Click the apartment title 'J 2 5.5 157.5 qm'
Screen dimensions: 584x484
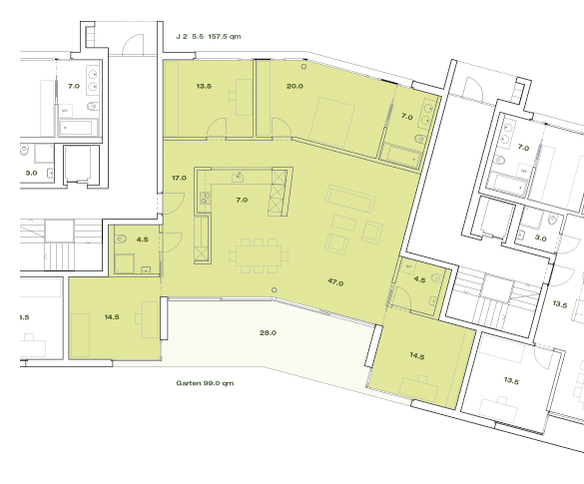[x=209, y=37]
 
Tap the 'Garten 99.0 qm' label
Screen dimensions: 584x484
[x=205, y=383]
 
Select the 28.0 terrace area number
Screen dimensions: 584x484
[x=268, y=333]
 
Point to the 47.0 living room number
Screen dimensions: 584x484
[x=335, y=282]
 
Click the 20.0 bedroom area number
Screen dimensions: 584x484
[x=294, y=86]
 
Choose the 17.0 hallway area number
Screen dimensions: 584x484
[x=179, y=178]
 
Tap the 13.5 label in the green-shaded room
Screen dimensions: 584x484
[x=204, y=86]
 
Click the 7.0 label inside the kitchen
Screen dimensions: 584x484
[x=242, y=200]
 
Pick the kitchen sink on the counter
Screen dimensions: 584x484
[x=238, y=178]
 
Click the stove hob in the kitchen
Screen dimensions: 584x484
[x=206, y=198]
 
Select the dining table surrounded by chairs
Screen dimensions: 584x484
[x=259, y=256]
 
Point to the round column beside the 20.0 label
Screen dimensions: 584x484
[x=303, y=66]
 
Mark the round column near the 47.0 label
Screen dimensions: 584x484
[x=275, y=290]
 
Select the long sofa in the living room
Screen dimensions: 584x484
[x=349, y=199]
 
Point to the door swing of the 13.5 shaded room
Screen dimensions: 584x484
[x=217, y=128]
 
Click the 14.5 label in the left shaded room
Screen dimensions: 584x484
[x=112, y=317]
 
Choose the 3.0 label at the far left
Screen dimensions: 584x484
[x=31, y=173]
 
